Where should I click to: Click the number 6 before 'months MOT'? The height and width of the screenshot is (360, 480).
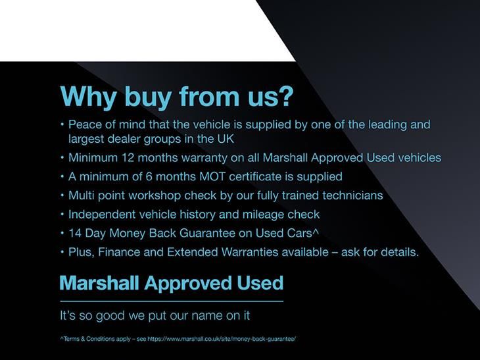click(149, 176)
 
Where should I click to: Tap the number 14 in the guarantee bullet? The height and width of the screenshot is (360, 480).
click(74, 233)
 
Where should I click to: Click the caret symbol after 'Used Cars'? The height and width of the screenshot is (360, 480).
click(316, 232)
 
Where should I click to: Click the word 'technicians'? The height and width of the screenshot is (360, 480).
click(352, 195)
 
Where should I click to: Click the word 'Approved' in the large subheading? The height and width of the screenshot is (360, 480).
click(188, 284)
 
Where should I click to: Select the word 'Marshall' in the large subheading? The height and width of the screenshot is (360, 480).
click(99, 282)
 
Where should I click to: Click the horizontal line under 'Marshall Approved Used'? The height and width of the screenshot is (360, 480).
click(172, 301)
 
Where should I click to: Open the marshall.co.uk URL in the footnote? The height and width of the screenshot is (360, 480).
click(222, 339)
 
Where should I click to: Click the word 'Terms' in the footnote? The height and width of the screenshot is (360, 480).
click(71, 339)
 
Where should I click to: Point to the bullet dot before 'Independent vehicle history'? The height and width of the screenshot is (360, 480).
click(62, 214)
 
